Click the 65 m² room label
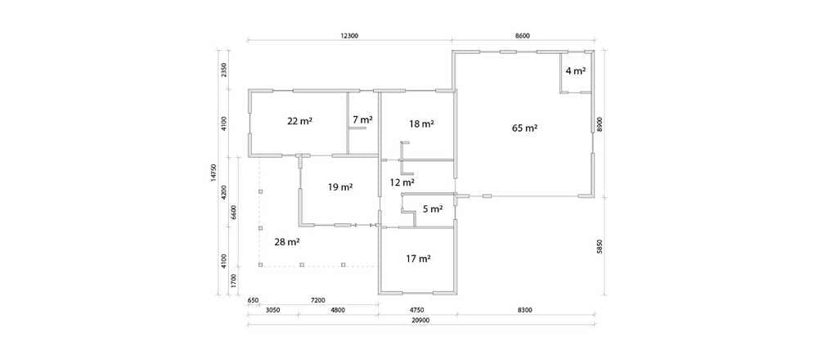pyautogui.click(x=524, y=128)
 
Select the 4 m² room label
pyautogui.click(x=575, y=71)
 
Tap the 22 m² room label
pyautogui.click(x=300, y=121)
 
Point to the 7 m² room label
pyautogui.click(x=363, y=119)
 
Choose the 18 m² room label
pyautogui.click(x=422, y=124)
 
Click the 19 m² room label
pyautogui.click(x=340, y=187)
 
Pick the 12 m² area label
pyautogui.click(x=402, y=182)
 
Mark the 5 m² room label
pyautogui.click(x=433, y=209)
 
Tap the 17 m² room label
pyautogui.click(x=418, y=258)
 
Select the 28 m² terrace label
pyautogui.click(x=287, y=242)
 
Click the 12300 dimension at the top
pyautogui.click(x=348, y=36)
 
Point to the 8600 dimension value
pyautogui.click(x=523, y=36)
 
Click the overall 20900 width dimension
pyautogui.click(x=420, y=321)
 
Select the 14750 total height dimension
pyautogui.click(x=213, y=173)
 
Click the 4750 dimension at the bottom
pyautogui.click(x=417, y=310)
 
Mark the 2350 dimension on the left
pyautogui.click(x=224, y=70)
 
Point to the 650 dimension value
pyautogui.click(x=253, y=300)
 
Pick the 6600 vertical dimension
pyautogui.click(x=234, y=213)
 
